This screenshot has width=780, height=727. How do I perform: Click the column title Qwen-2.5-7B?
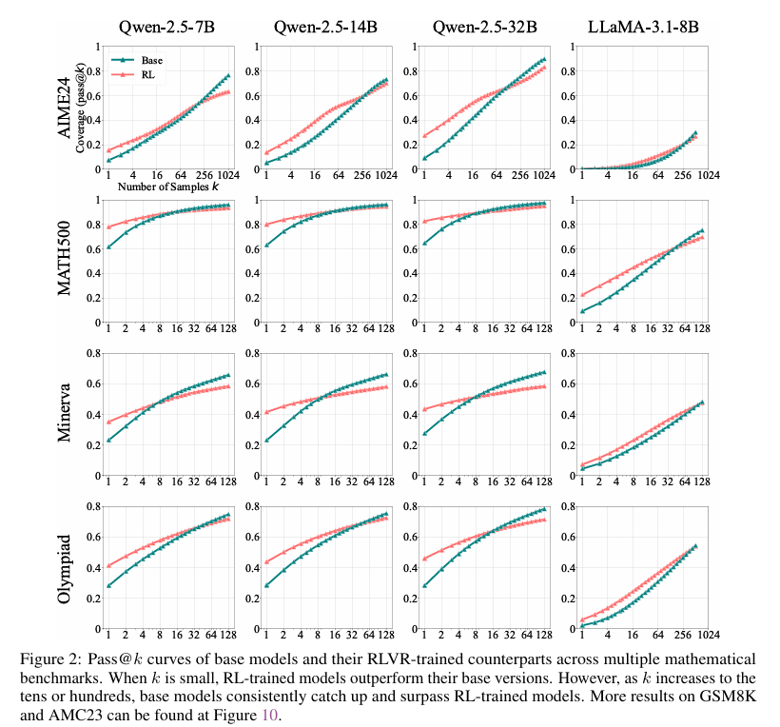pyautogui.click(x=166, y=26)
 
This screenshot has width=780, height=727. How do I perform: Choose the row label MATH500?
pyautogui.click(x=67, y=259)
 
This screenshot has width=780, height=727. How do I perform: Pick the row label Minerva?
pyautogui.click(x=67, y=414)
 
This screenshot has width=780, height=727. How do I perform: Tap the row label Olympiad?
pyautogui.click(x=67, y=568)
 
